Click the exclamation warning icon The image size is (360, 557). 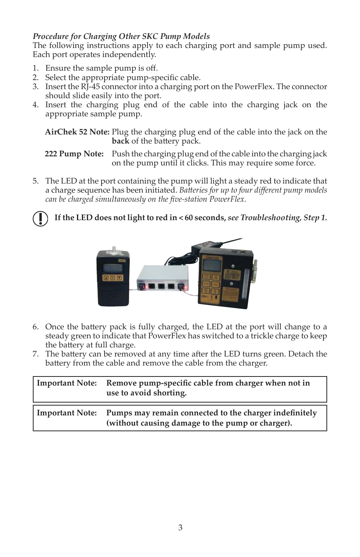tap(40, 218)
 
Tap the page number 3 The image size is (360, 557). tap(180, 528)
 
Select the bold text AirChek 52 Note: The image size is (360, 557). tap(77, 132)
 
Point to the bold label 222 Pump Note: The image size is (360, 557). tap(74, 154)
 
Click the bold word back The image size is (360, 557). tap(120, 141)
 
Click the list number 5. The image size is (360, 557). tap(35, 181)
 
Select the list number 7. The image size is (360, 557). tap(35, 354)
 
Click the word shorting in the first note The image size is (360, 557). tap(171, 393)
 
